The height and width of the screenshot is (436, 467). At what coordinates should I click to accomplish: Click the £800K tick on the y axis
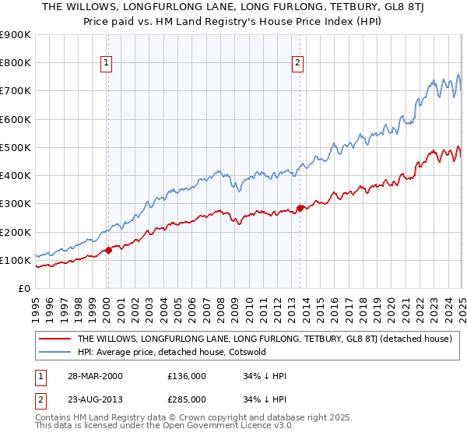pyautogui.click(x=16, y=63)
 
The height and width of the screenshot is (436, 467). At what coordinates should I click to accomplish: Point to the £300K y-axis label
pyautogui.click(x=16, y=204)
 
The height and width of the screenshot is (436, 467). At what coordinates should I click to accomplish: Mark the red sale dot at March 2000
pyautogui.click(x=110, y=250)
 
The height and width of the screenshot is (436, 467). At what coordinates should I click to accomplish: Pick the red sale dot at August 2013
pyautogui.click(x=300, y=208)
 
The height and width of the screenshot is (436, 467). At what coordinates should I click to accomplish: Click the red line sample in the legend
pyautogui.click(x=54, y=339)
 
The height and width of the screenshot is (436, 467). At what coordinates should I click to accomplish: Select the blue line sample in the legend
pyautogui.click(x=54, y=352)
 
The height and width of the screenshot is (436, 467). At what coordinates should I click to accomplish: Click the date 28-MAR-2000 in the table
pyautogui.click(x=94, y=376)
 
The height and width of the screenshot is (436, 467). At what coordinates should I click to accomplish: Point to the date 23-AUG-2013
pyautogui.click(x=94, y=399)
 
